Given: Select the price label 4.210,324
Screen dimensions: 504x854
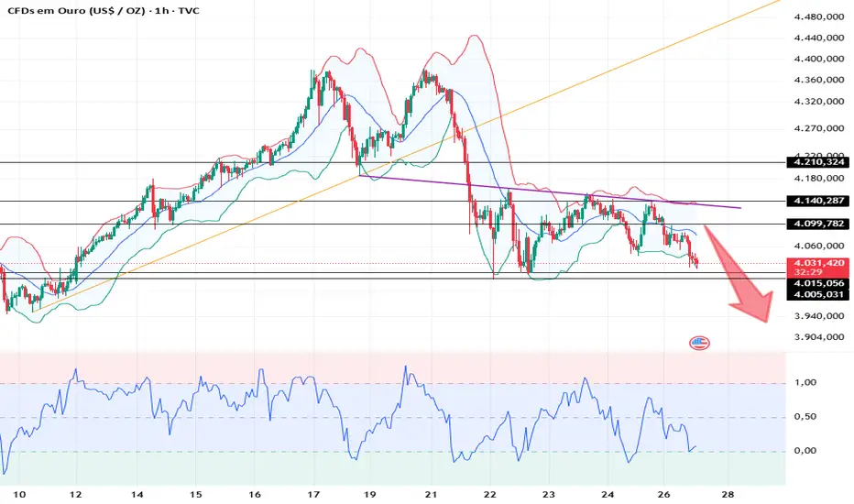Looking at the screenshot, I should point(817,163).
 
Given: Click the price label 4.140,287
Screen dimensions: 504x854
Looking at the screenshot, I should point(817,201).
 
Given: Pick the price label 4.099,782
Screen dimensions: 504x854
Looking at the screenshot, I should point(817,224).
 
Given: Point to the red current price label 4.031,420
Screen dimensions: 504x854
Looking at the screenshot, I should point(817,264).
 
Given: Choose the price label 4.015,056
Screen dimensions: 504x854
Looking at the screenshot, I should point(817,284).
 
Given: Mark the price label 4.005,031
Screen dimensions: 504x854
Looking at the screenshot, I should point(817,294).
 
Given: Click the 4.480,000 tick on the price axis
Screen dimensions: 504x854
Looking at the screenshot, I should point(818,17).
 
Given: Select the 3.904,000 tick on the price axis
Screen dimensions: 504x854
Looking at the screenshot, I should point(818,337).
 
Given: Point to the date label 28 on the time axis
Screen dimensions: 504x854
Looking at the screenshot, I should point(727,494).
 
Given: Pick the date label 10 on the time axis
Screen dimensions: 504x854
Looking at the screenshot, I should point(17,494).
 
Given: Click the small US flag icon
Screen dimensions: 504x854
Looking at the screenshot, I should point(699,343).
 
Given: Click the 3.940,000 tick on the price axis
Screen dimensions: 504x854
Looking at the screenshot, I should point(818,316).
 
